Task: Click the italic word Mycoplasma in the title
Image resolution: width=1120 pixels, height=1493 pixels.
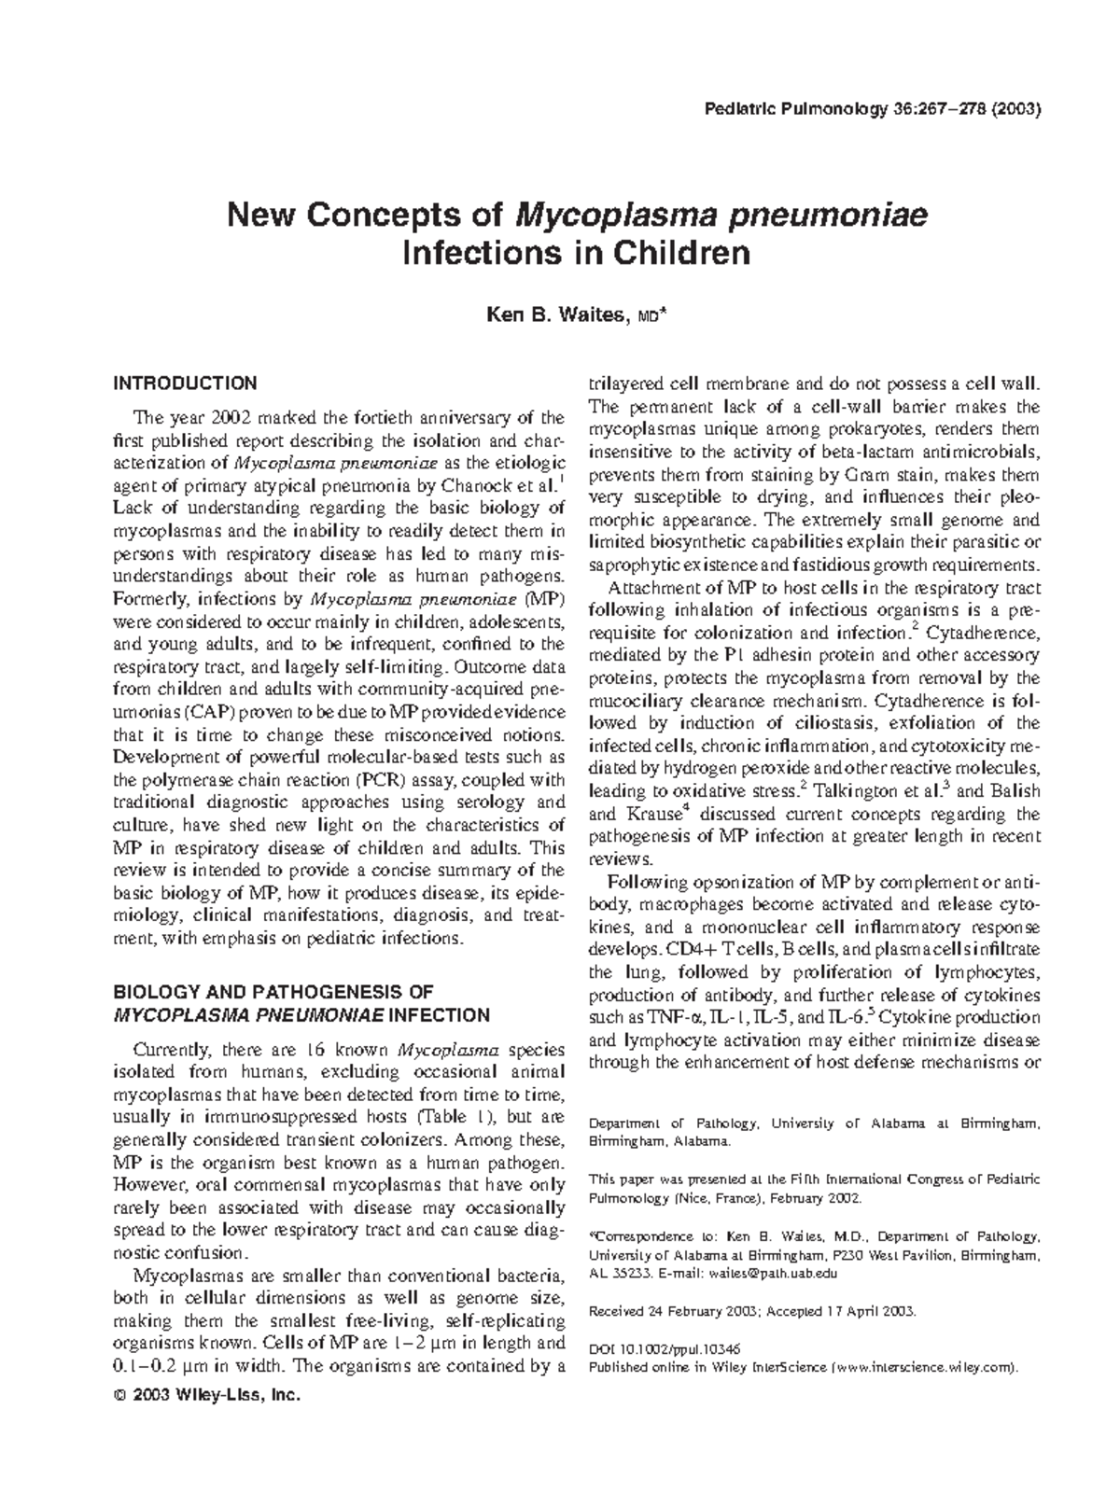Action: click(605, 216)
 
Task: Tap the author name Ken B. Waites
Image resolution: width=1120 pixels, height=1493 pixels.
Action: click(556, 317)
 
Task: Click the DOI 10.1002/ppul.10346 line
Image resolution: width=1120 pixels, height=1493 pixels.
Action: click(665, 1349)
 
